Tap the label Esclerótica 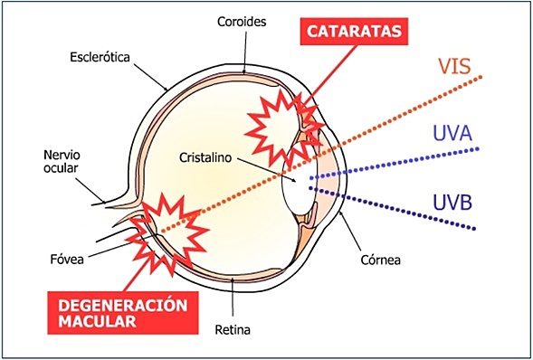click(100, 57)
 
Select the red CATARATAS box click(353, 33)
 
